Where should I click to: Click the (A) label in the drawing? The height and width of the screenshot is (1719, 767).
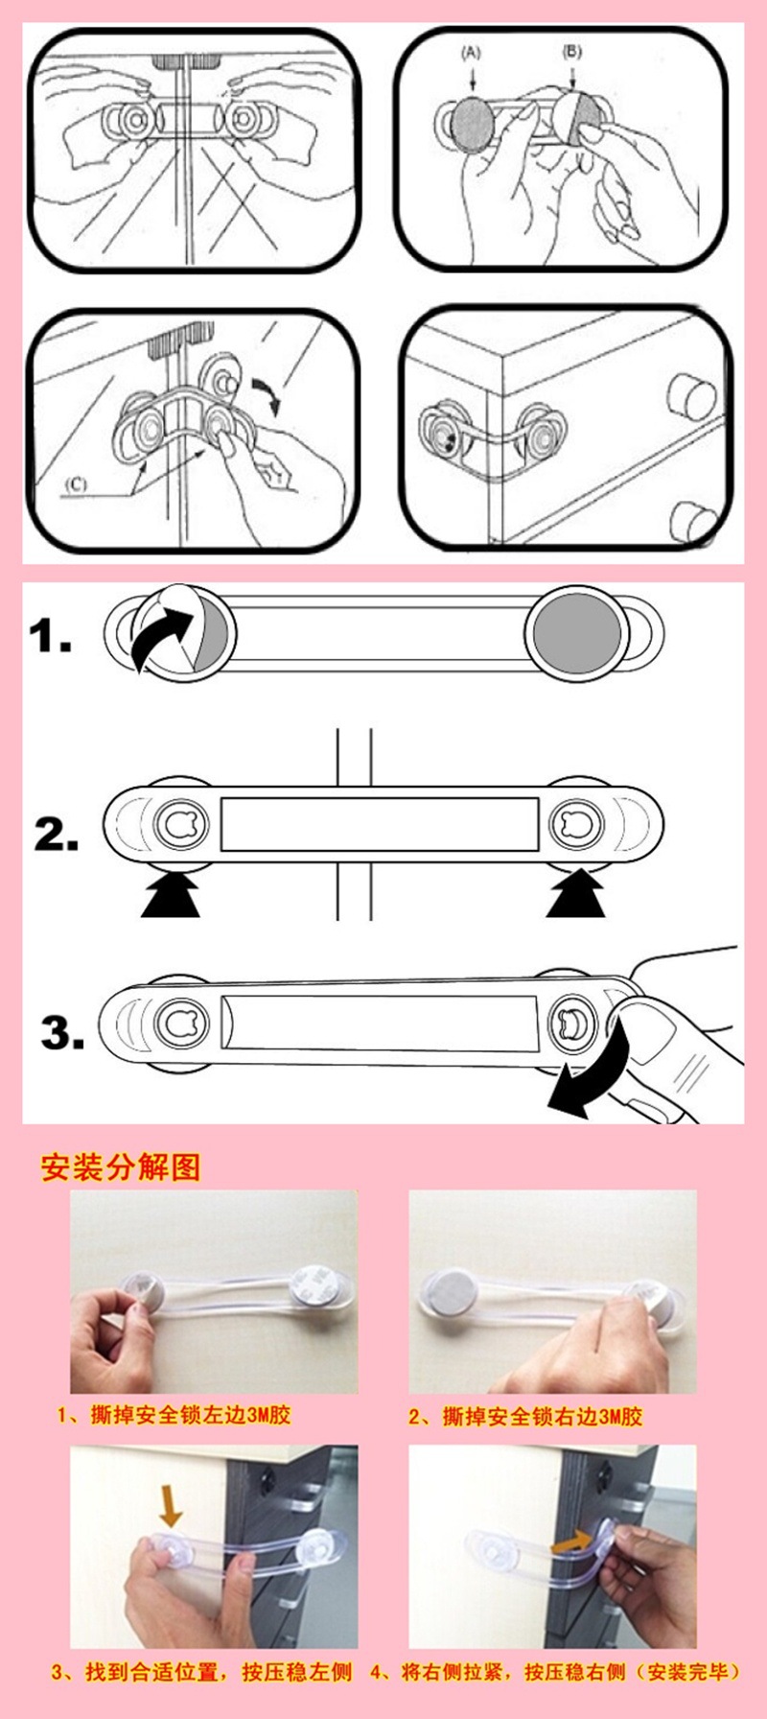point(472,53)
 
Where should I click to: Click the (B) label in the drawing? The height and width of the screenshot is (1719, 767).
point(572,51)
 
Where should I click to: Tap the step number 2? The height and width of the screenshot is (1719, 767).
point(56,834)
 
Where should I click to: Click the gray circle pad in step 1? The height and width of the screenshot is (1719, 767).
point(577,635)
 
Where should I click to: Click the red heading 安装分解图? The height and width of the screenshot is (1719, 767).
point(121,1168)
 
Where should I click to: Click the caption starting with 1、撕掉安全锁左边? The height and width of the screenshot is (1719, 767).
point(174,1415)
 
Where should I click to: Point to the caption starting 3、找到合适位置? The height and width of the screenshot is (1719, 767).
point(202,1672)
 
